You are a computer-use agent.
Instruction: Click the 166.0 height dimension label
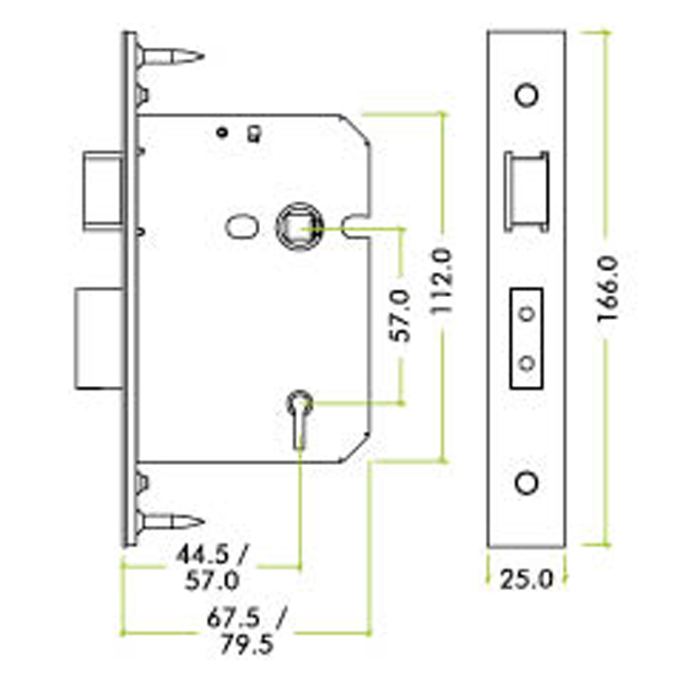click(x=609, y=289)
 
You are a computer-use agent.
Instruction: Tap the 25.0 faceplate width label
click(x=526, y=579)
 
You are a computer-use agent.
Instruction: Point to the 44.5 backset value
click(x=203, y=555)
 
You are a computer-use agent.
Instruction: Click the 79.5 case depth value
click(x=247, y=644)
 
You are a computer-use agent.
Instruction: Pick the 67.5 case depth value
click(x=234, y=617)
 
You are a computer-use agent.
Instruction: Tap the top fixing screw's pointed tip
click(x=203, y=56)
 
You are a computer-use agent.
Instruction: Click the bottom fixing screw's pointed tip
click(x=203, y=521)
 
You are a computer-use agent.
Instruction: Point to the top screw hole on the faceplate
click(x=527, y=94)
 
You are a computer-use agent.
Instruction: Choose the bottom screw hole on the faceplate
click(x=527, y=483)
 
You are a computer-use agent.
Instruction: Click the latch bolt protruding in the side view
click(x=103, y=191)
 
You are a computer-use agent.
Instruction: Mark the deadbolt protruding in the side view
click(x=99, y=338)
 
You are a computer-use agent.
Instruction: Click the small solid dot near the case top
click(x=222, y=132)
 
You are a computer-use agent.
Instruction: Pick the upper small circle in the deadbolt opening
click(x=527, y=313)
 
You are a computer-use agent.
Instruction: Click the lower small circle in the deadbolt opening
click(x=527, y=363)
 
